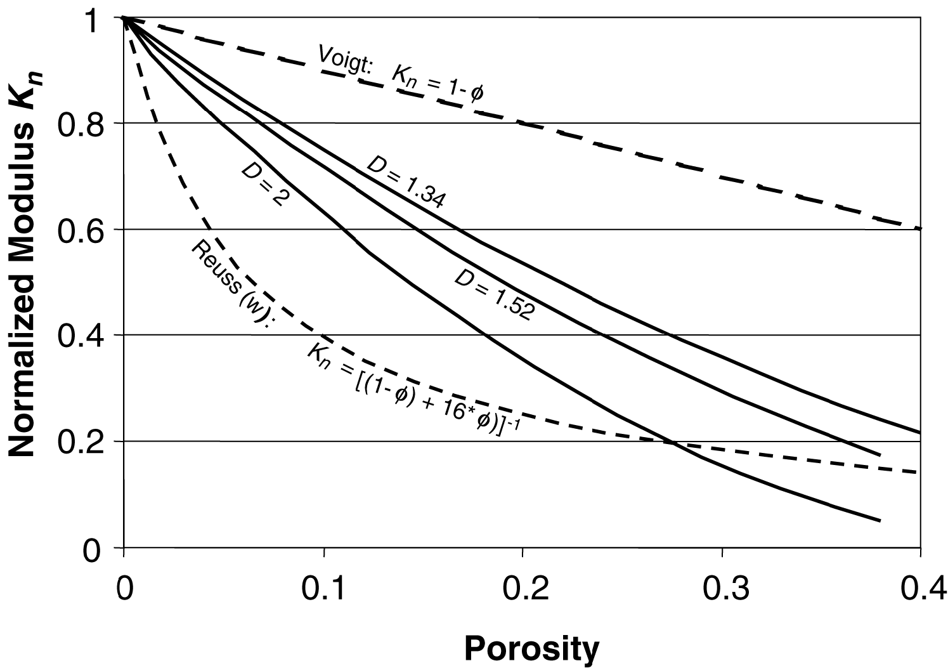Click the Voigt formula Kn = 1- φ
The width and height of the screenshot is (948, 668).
tap(438, 84)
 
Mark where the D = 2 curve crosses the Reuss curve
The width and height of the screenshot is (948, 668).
tap(672, 443)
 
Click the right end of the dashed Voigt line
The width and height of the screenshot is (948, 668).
tap(919, 228)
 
